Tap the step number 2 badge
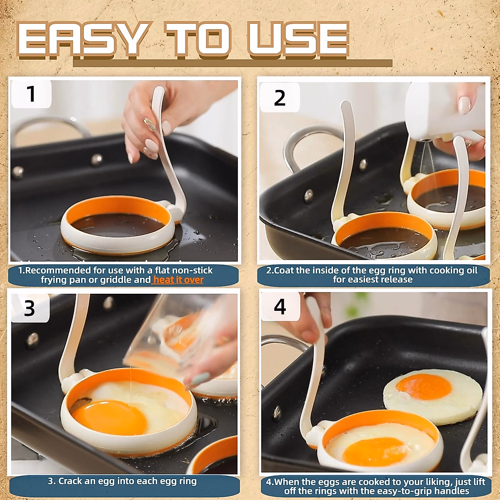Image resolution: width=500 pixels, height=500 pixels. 280,98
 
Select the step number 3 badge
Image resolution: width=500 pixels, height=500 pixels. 29,308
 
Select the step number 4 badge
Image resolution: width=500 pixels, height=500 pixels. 280,307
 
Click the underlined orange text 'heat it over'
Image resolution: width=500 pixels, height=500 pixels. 178,280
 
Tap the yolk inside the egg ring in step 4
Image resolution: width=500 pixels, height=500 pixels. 375,451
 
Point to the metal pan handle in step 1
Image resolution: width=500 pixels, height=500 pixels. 50,125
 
